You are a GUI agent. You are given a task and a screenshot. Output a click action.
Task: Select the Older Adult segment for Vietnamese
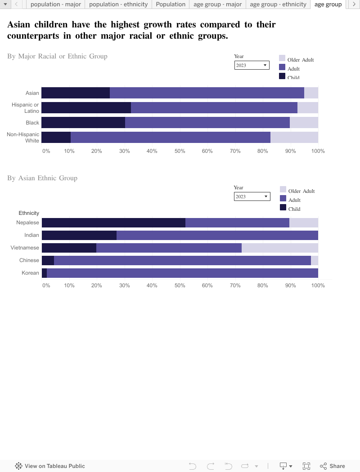[x=279, y=248]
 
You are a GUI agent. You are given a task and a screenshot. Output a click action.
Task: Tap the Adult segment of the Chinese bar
[x=182, y=260]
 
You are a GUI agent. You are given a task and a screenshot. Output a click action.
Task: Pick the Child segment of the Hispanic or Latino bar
[x=86, y=108]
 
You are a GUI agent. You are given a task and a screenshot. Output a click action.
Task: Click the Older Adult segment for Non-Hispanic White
[x=294, y=138]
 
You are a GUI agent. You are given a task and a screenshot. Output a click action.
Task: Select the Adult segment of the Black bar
[x=207, y=123]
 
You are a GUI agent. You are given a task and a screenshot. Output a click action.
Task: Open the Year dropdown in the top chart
[x=252, y=65]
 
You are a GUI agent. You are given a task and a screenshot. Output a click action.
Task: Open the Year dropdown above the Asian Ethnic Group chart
[x=251, y=196]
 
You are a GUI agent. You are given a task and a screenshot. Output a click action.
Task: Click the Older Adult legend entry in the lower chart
[x=301, y=191]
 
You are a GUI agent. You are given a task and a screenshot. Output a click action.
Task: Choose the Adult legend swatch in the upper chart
[x=282, y=67]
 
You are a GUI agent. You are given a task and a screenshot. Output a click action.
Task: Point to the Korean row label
[x=30, y=273]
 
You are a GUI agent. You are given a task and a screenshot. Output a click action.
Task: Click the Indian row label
[x=31, y=235]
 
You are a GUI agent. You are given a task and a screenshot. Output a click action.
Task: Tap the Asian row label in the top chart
[x=32, y=93]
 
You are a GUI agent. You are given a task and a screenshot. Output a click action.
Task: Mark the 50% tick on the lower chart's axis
[x=180, y=285]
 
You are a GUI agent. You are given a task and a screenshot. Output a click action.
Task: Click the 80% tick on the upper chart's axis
[x=263, y=151]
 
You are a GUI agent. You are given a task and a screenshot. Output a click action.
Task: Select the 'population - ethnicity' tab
[x=118, y=4]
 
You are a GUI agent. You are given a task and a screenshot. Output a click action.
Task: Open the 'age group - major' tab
[x=217, y=4]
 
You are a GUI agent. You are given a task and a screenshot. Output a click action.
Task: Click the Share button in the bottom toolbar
[x=333, y=466]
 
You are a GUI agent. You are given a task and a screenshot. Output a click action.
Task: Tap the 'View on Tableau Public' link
[x=50, y=466]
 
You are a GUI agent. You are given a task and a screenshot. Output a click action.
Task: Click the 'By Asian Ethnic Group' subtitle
[x=42, y=178]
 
